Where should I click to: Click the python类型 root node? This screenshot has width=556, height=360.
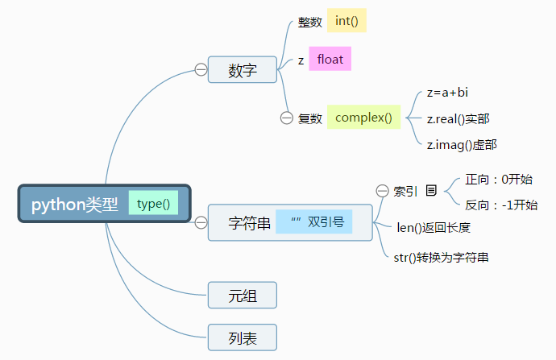click(74, 205)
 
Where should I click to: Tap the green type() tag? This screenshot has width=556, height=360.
click(153, 204)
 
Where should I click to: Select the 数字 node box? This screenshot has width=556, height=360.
click(243, 70)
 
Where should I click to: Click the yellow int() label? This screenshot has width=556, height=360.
click(346, 21)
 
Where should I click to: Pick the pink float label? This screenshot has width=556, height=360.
click(330, 60)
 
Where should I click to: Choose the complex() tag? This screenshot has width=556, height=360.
click(363, 118)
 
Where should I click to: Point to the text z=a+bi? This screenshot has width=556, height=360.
click(447, 93)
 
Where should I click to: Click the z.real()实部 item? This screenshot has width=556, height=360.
click(458, 118)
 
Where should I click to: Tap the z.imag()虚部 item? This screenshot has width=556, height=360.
click(461, 145)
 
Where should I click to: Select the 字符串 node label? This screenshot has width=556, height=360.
click(250, 223)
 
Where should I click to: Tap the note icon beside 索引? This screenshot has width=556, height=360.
click(431, 191)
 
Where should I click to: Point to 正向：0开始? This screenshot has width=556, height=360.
click(499, 179)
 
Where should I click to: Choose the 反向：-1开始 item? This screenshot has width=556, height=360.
click(501, 205)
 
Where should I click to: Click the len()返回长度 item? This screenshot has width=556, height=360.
click(434, 228)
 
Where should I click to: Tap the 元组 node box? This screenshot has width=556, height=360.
click(243, 296)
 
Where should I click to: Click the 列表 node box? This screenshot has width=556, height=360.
click(243, 338)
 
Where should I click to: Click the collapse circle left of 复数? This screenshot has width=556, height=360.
click(286, 118)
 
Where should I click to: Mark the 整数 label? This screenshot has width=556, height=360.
click(310, 23)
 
